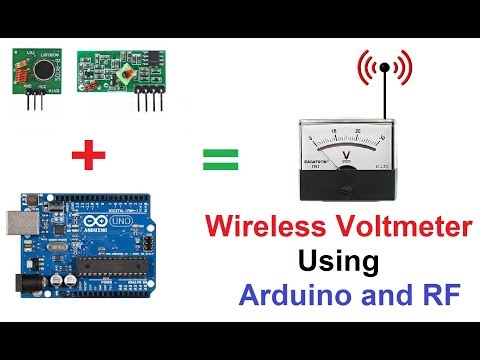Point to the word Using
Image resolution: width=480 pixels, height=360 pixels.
pos(338,263)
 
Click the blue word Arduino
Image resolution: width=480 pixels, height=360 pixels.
pos(289,296)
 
